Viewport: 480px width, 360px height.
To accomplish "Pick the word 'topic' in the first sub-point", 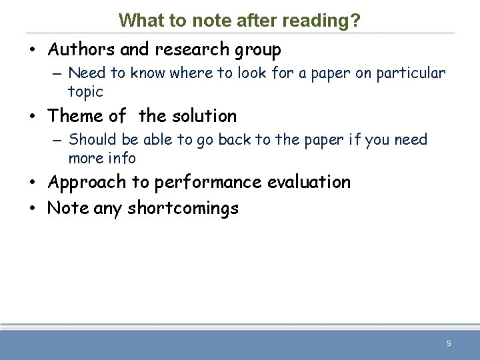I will click(x=85, y=92).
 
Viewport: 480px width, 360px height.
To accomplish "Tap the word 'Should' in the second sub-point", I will click(x=91, y=139).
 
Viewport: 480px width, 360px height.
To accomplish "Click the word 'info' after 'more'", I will click(x=123, y=159).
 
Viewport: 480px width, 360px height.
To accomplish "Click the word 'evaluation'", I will click(x=311, y=183).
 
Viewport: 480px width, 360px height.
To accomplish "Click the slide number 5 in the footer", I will click(x=449, y=343).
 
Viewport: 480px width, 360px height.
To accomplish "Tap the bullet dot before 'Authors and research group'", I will click(x=33, y=50).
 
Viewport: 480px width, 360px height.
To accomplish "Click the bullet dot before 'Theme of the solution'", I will click(x=33, y=117).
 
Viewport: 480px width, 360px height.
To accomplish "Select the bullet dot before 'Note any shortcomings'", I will click(x=33, y=209).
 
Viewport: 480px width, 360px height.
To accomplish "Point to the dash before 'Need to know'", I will click(x=57, y=73).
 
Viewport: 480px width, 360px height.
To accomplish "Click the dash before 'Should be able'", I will click(x=57, y=140).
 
